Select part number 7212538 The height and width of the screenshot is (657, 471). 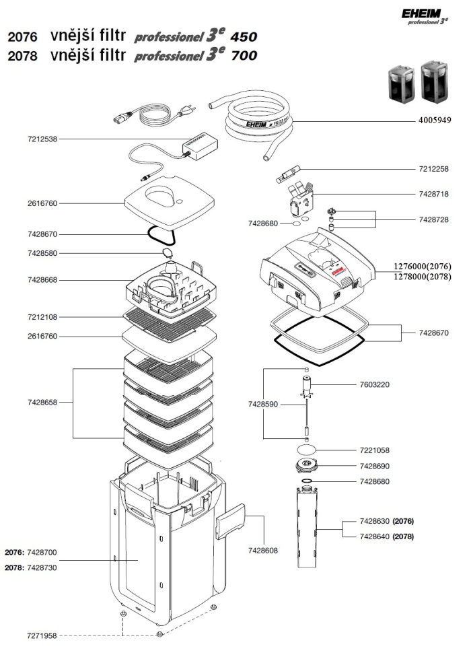coord(42,139)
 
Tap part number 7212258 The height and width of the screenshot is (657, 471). coord(433,168)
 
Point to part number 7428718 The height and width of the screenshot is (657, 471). coord(433,194)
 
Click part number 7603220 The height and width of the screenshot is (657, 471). coord(375,385)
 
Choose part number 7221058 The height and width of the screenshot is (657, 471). coord(375,450)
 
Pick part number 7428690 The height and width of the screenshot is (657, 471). coord(375,466)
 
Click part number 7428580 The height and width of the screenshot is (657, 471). coord(42,254)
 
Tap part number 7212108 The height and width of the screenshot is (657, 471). coord(42,316)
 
